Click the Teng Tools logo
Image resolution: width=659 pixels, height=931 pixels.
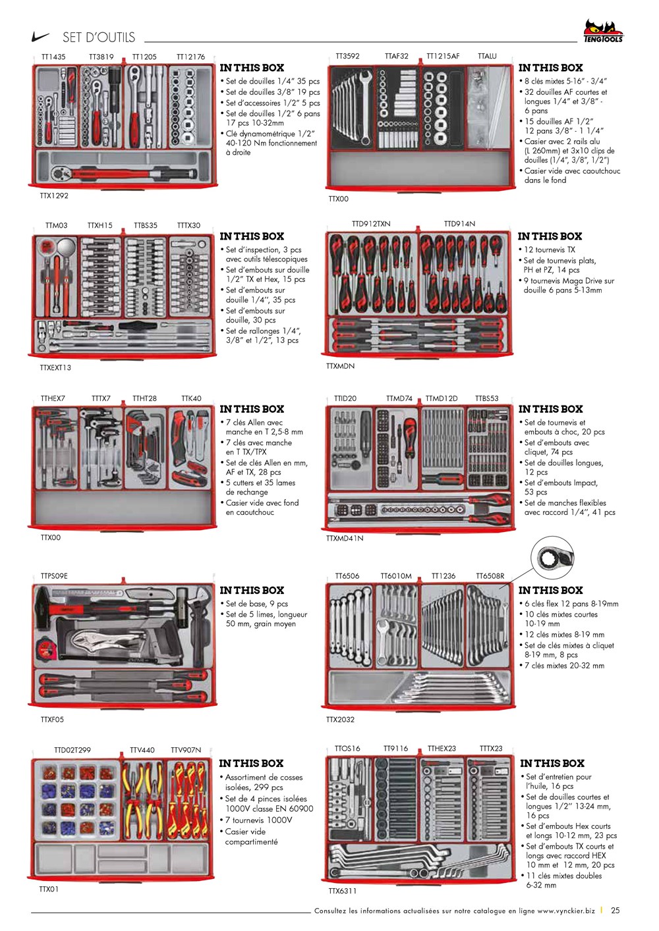(x=602, y=31)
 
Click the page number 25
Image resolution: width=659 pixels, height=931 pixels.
(x=616, y=911)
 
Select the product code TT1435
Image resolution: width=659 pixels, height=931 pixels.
(x=53, y=57)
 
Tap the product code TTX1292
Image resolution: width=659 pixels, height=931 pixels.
(x=54, y=196)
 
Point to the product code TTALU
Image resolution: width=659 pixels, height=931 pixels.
(x=487, y=57)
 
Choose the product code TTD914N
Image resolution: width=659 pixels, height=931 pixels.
(x=459, y=224)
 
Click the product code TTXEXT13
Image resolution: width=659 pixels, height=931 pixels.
(x=55, y=367)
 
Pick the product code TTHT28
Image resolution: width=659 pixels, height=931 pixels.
(x=144, y=398)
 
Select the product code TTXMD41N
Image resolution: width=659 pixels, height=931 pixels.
(x=345, y=538)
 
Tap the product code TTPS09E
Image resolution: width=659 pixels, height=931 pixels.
(x=54, y=576)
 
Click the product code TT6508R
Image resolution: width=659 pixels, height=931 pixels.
(x=490, y=576)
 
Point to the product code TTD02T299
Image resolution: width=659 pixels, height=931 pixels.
(x=72, y=750)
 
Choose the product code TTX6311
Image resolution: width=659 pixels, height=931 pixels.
(x=343, y=891)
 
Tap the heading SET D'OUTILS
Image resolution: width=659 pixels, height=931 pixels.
(x=99, y=38)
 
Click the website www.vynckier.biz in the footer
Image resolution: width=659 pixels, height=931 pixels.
(x=565, y=911)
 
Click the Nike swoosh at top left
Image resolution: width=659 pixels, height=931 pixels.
(x=41, y=38)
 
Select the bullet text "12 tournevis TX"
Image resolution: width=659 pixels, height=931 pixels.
(x=550, y=250)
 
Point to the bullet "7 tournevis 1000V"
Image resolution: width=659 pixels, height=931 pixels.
(x=262, y=820)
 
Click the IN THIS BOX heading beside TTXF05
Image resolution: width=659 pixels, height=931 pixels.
(x=252, y=591)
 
